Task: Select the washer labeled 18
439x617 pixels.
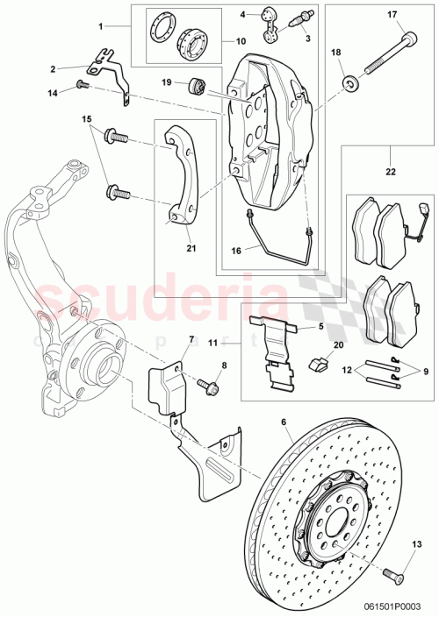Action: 352,84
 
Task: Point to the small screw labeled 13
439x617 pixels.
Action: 391,574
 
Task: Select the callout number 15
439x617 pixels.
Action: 87,118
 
